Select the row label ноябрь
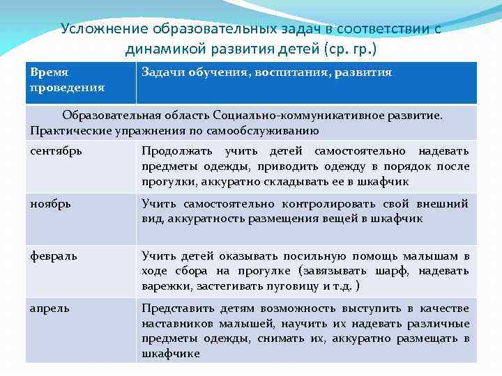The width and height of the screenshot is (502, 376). [50, 203]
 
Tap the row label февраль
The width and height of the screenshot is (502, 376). [54, 256]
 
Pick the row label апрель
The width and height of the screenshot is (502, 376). [50, 308]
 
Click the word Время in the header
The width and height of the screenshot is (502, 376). [51, 72]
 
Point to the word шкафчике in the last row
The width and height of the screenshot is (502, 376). [170, 354]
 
